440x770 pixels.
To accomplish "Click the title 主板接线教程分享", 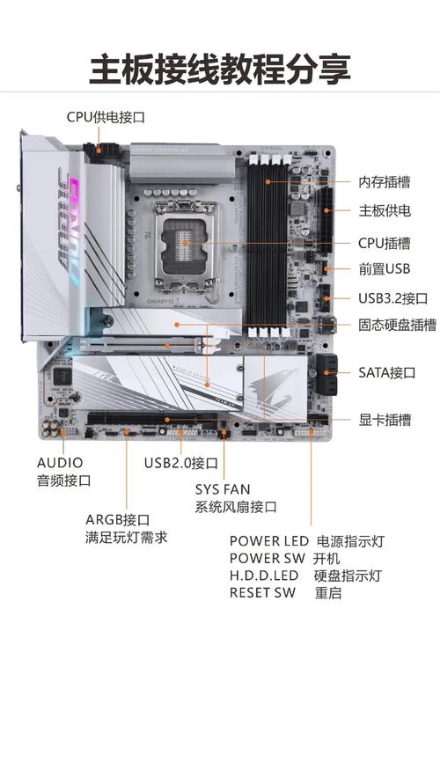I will [x=220, y=69].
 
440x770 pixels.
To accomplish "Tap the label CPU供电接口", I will [x=106, y=116].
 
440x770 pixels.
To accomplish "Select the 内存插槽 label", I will [x=385, y=182].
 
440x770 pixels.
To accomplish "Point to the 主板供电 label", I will [x=385, y=211].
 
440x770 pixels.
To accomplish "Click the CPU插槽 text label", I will [x=385, y=243].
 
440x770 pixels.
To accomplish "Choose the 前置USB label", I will [x=385, y=269].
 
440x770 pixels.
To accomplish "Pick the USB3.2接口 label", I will [x=392, y=298].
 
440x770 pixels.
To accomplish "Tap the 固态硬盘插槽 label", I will [x=397, y=325].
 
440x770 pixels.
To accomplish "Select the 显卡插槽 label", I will [x=385, y=420].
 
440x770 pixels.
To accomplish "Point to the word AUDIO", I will [x=60, y=462].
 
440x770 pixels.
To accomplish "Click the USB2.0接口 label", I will [x=181, y=463].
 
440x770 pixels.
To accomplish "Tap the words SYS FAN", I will [x=223, y=488].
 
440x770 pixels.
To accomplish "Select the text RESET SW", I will [x=262, y=592].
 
